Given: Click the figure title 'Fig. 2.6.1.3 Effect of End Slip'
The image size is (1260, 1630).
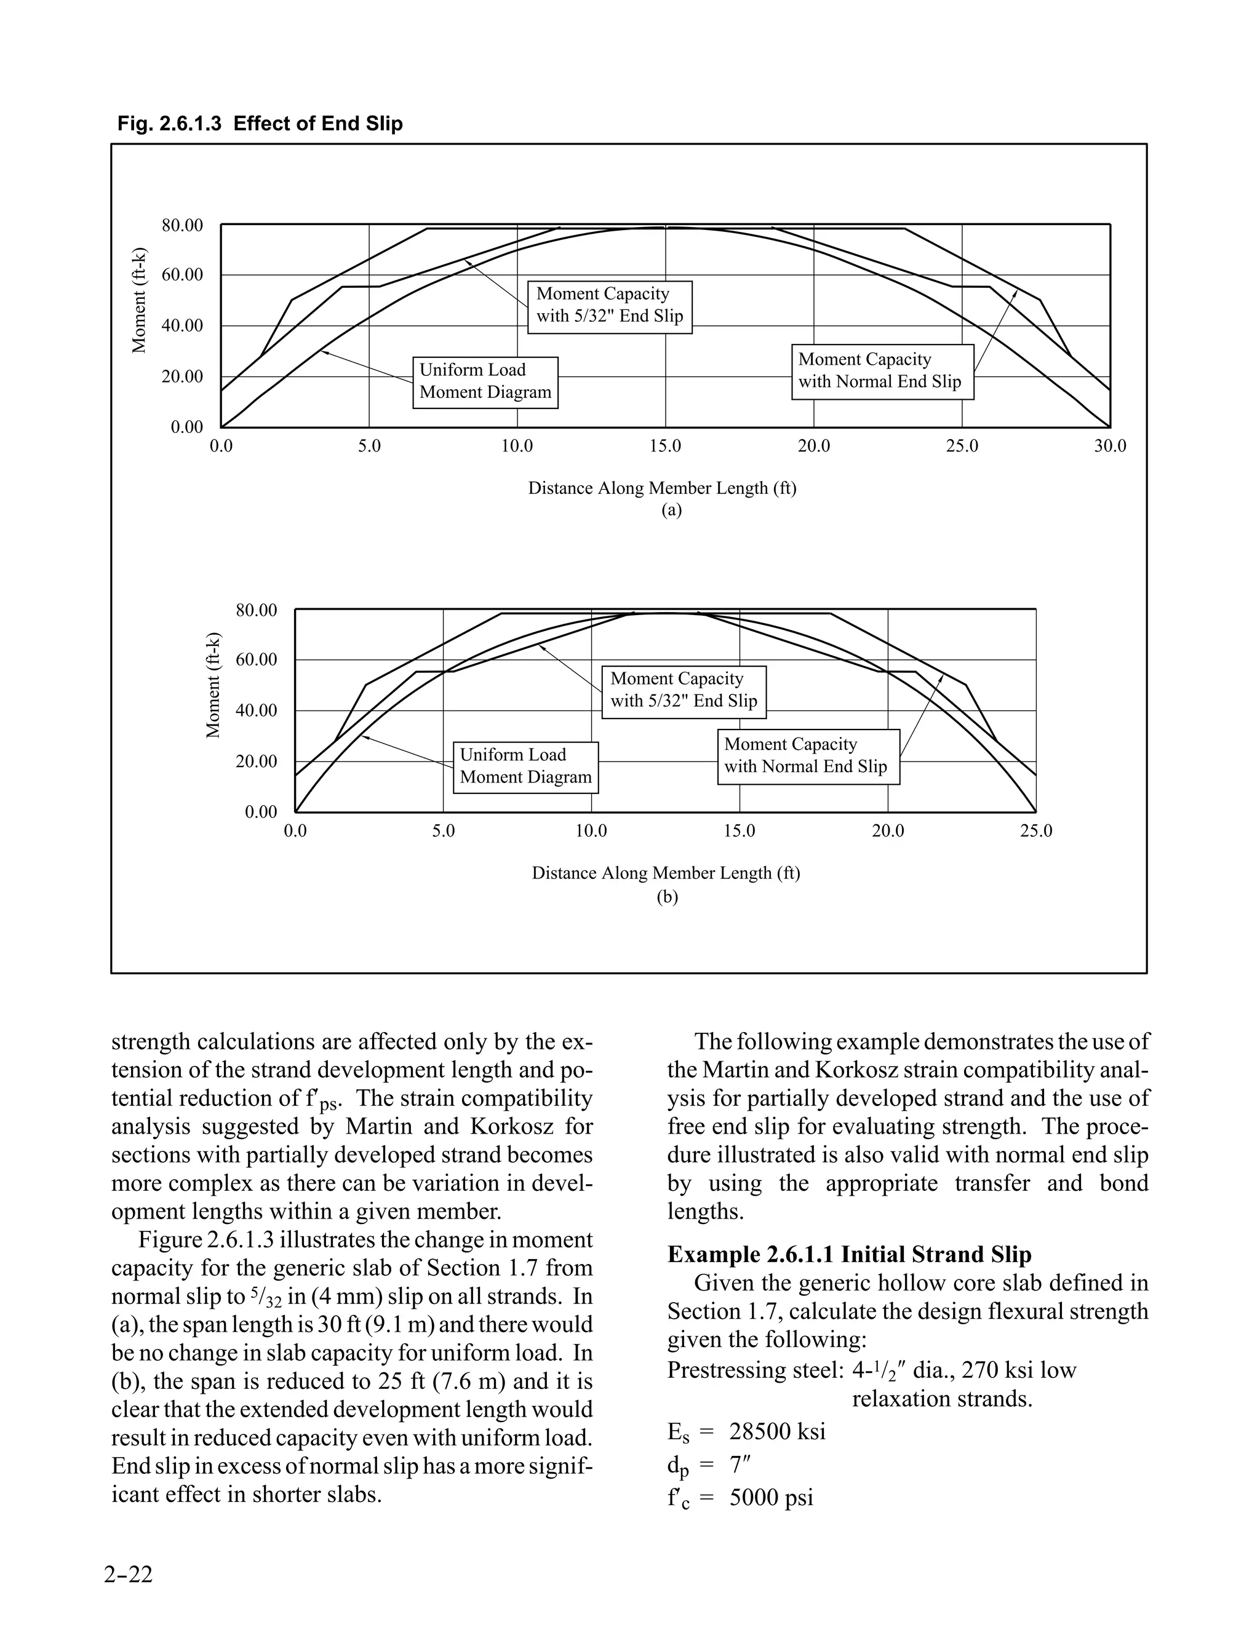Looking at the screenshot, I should coord(260,123).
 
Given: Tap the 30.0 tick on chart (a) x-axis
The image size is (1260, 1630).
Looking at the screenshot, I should coord(1110,447).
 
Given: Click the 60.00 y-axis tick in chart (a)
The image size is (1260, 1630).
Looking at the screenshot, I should coord(182,275).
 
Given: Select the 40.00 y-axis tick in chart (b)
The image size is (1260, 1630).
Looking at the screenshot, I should coord(256,710).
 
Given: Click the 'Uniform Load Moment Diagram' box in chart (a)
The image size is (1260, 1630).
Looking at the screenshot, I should coord(485,381).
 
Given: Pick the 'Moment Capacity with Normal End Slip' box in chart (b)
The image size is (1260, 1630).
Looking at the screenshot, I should coord(808,755).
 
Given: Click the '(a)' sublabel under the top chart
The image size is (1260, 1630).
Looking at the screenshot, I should coord(671,511).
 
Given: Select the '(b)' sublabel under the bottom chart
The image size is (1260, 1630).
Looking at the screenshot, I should coord(666,896).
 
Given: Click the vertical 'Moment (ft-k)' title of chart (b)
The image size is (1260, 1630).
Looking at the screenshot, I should coord(213,685).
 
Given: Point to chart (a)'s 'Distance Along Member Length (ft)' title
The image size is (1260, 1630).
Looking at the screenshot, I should coord(662,488).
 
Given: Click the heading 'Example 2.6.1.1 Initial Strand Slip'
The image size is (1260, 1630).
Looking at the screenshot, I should coord(848,1255).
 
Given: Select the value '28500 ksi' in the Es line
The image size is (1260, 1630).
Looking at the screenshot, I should coord(777,1431).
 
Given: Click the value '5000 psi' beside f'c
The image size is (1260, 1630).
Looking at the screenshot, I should coord(771,1497).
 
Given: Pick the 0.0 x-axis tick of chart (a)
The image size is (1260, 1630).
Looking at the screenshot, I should coord(221,447).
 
